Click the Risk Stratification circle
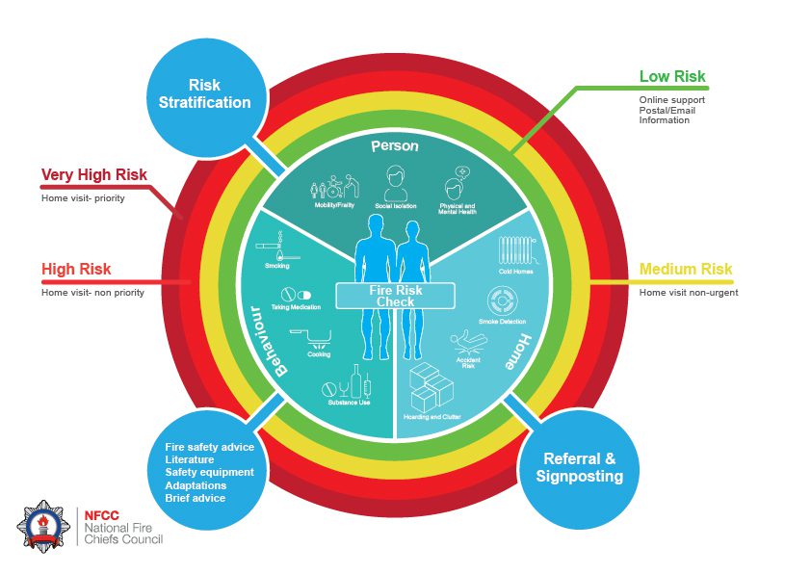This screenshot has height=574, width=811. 206,94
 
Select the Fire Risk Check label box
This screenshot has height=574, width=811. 394,296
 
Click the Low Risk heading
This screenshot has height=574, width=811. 672,77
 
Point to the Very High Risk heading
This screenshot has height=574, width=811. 93,175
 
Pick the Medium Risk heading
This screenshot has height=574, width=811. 686,270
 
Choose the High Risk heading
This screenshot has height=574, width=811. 76,270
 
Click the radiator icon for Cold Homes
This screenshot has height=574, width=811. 517,251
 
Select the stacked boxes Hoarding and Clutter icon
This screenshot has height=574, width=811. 431,388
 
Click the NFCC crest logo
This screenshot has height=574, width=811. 42,527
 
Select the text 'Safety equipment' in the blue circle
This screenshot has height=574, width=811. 209,473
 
